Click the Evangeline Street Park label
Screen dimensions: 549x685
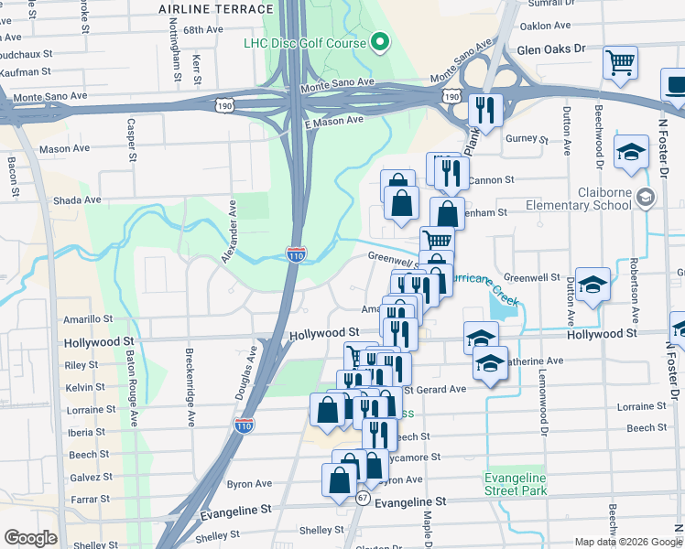pos(515,484)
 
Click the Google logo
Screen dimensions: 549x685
pos(30,538)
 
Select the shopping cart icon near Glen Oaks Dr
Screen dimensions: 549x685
pos(621,64)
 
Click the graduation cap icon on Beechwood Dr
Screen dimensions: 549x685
pos(631,153)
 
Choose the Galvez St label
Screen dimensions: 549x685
pos(91,477)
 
